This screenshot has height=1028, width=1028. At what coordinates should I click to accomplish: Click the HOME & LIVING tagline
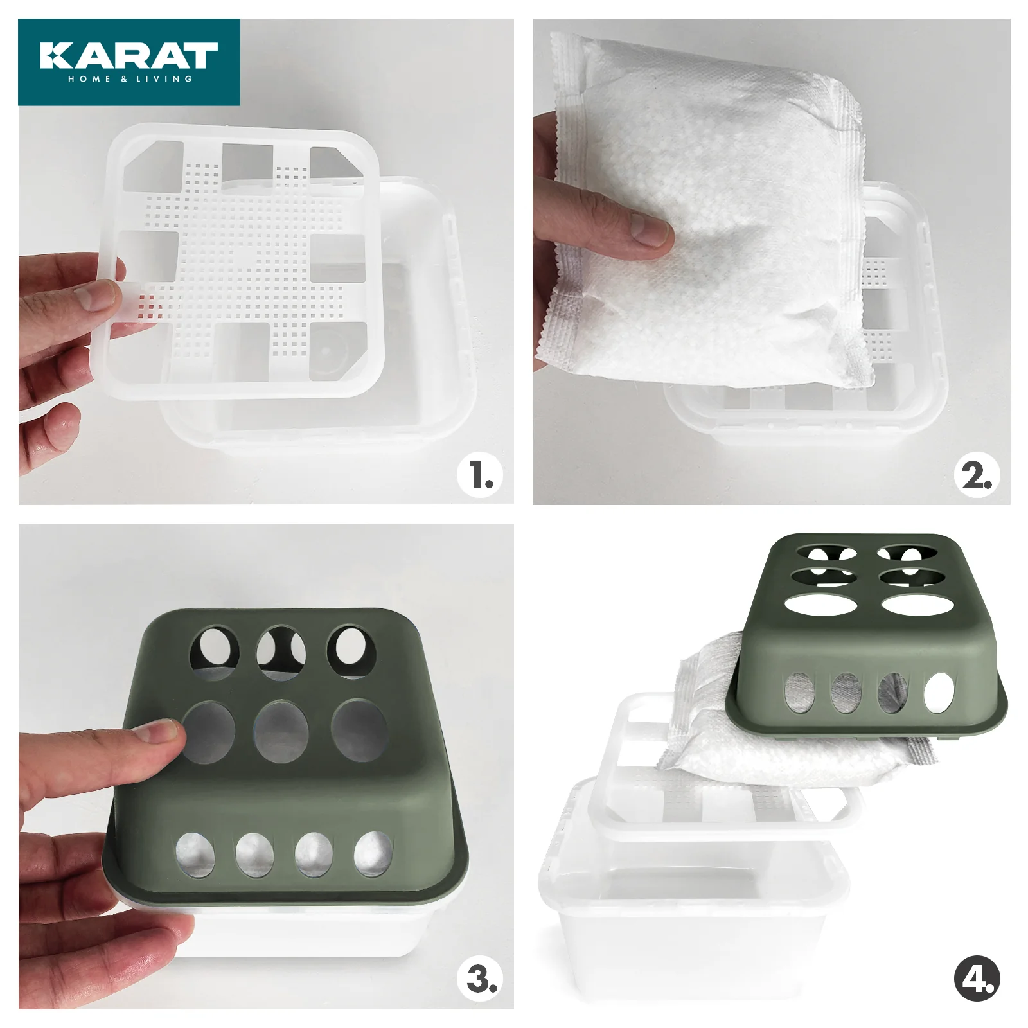130,79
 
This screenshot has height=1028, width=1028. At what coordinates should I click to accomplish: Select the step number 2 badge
977,475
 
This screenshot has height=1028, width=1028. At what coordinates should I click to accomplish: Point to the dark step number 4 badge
977,979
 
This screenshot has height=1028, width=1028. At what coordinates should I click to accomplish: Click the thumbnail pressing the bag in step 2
649,230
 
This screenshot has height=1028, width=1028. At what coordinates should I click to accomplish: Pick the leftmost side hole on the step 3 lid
195,855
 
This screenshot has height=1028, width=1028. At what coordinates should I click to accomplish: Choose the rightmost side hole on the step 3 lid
373,854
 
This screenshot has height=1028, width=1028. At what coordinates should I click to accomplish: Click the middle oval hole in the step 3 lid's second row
281,731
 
